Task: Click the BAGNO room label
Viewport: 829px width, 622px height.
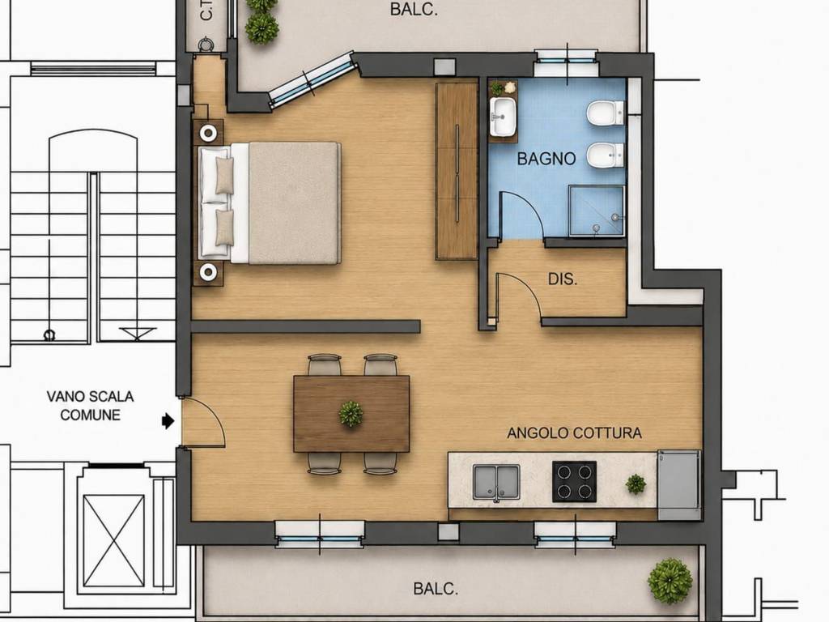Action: pyautogui.click(x=546, y=159)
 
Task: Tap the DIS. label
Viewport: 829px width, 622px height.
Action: pyautogui.click(x=563, y=279)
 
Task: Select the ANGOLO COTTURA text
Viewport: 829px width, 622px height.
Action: pyautogui.click(x=574, y=433)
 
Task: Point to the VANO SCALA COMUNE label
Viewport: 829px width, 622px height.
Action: pyautogui.click(x=90, y=406)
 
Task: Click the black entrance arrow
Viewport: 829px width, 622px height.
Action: pyautogui.click(x=168, y=421)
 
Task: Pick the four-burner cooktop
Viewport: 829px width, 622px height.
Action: pyautogui.click(x=574, y=481)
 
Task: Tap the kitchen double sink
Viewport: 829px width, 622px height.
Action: pyautogui.click(x=496, y=482)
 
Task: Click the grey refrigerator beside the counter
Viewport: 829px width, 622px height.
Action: pyautogui.click(x=679, y=485)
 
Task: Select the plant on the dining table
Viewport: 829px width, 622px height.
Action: pyautogui.click(x=351, y=414)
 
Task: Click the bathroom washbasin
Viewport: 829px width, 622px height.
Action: pyautogui.click(x=503, y=117)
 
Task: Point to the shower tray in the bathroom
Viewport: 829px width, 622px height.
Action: pyautogui.click(x=597, y=211)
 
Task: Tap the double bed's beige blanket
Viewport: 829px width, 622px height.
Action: pyautogui.click(x=294, y=202)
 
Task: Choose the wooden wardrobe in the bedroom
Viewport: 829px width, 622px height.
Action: pyautogui.click(x=457, y=172)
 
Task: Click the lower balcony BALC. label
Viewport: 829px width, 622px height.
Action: pyautogui.click(x=436, y=589)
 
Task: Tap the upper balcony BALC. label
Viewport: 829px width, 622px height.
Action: pyautogui.click(x=414, y=10)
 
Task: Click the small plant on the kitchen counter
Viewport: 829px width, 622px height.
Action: pyautogui.click(x=636, y=484)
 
